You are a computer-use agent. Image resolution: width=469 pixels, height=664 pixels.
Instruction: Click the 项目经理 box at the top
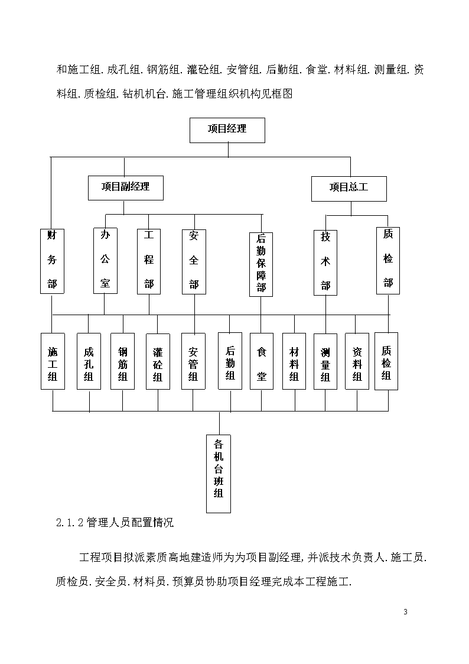(227, 130)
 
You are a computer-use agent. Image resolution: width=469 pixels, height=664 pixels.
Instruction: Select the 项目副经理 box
(126, 188)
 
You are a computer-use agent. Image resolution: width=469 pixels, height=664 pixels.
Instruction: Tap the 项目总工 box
(349, 189)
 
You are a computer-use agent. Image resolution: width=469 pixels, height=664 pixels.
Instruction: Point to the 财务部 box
(52, 261)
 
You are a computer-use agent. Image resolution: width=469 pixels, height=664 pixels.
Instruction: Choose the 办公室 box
(105, 261)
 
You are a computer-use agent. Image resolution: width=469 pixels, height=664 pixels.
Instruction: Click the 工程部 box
(149, 261)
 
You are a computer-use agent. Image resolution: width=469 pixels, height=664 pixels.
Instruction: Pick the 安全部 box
(194, 262)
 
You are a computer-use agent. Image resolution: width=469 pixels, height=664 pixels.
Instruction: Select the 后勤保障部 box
(261, 264)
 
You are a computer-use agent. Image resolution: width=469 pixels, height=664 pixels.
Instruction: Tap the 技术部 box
(325, 263)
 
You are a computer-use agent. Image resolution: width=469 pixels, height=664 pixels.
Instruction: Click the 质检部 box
(388, 261)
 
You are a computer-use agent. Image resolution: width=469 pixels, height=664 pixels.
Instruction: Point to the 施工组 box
(53, 361)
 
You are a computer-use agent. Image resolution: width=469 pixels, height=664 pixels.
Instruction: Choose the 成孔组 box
(89, 361)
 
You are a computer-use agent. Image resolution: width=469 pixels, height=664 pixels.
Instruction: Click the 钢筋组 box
(123, 361)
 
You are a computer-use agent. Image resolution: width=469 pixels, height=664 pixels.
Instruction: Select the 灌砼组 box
(158, 362)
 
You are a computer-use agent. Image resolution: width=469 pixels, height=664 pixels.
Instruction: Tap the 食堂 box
(262, 361)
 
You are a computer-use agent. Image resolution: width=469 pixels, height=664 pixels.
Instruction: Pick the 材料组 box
(294, 361)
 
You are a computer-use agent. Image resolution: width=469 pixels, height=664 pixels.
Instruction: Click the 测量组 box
(325, 362)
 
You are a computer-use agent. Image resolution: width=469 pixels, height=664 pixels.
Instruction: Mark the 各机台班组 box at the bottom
(219, 474)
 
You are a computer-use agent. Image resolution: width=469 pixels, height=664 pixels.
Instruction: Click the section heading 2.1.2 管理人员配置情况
(115, 523)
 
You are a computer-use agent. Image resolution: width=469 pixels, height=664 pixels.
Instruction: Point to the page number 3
(406, 612)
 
